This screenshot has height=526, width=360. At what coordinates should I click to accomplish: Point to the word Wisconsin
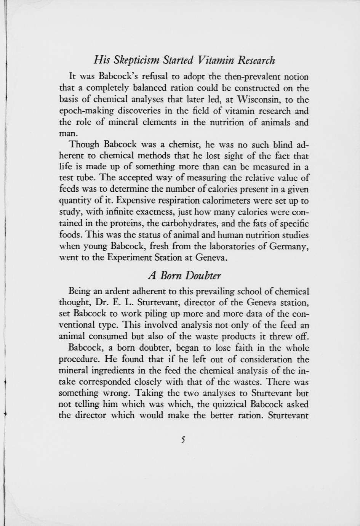pos(259,100)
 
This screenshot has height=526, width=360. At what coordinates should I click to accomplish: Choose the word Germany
pos(289,246)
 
